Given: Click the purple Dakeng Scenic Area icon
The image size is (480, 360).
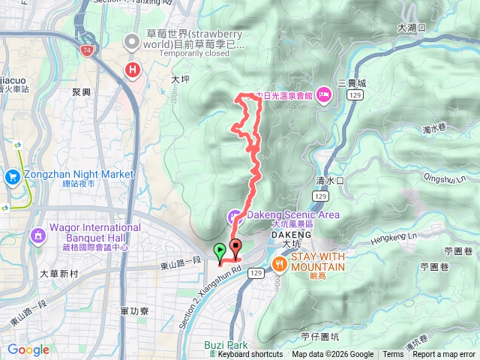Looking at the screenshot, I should tap(234, 217).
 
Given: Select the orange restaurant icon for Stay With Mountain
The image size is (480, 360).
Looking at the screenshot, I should tap(280, 262).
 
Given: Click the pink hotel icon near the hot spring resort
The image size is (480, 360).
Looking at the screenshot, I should tap(323, 94).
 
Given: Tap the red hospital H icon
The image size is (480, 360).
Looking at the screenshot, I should tap(133, 70).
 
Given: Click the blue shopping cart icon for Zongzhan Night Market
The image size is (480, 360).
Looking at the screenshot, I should tap(12, 176).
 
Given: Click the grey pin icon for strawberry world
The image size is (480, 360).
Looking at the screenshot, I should tap(133, 42).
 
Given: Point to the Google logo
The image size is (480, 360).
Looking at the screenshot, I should tap(28, 349).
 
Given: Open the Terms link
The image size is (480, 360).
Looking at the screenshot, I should tap(393, 355).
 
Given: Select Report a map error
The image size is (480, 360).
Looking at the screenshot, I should tap(444, 355).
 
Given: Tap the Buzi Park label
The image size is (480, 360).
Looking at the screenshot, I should tap(226, 345).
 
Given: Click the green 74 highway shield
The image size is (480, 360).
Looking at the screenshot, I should tap(88, 49).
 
